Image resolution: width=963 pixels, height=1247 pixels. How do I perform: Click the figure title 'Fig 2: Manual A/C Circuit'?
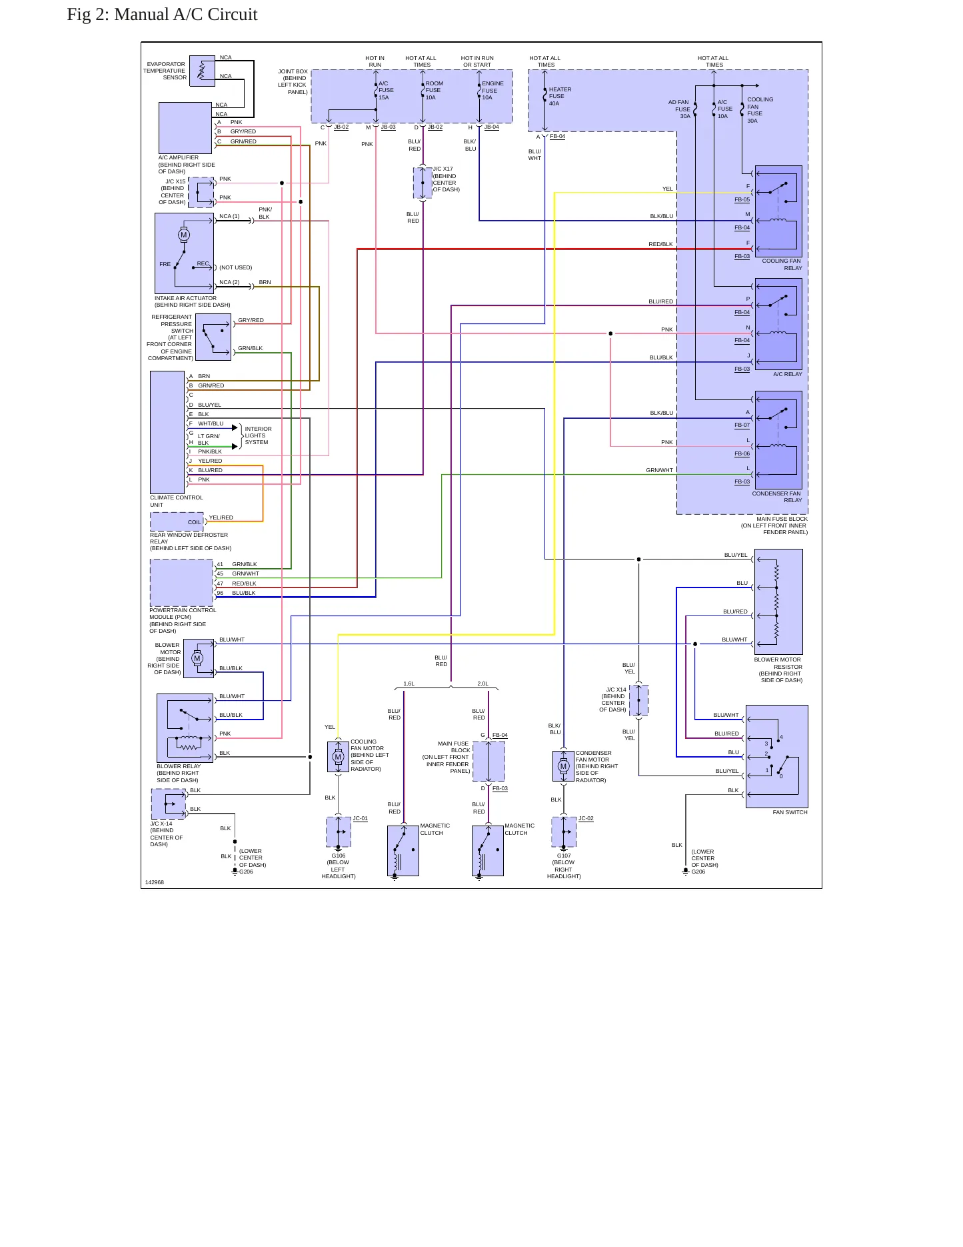pyautogui.click(x=162, y=15)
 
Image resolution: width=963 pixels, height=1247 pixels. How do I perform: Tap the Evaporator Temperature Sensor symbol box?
pyautogui.click(x=203, y=71)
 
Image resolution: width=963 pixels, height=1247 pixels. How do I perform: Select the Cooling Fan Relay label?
pyautogui.click(x=782, y=265)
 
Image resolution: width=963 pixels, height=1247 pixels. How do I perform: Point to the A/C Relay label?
pyautogui.click(x=788, y=374)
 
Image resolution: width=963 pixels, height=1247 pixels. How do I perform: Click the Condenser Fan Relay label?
pyautogui.click(x=777, y=497)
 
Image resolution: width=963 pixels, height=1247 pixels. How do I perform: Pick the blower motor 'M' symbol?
pyautogui.click(x=197, y=658)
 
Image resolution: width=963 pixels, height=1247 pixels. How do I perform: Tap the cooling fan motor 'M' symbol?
pyautogui.click(x=338, y=757)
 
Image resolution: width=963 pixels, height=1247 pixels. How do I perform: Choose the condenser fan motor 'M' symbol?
pyautogui.click(x=563, y=766)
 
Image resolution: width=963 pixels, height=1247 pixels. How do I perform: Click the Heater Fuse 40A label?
pyautogui.click(x=560, y=96)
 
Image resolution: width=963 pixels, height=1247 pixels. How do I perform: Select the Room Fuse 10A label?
pyautogui.click(x=434, y=90)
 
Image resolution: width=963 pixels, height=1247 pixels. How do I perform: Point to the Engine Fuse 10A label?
pyautogui.click(x=492, y=90)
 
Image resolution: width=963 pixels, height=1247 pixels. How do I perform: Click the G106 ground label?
pyautogui.click(x=339, y=856)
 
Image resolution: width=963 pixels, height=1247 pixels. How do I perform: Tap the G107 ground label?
pyautogui.click(x=564, y=856)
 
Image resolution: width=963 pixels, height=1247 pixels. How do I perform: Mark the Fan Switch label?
pyautogui.click(x=790, y=812)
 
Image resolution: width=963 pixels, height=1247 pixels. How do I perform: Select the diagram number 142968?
pyautogui.click(x=155, y=882)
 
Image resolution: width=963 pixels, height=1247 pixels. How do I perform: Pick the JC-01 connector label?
pyautogui.click(x=360, y=818)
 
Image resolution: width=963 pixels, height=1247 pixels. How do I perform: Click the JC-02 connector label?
pyautogui.click(x=586, y=818)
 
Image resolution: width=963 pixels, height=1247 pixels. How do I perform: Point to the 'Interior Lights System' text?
pyautogui.click(x=258, y=435)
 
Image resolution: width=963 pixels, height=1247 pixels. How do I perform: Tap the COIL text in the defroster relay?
pyautogui.click(x=194, y=522)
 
